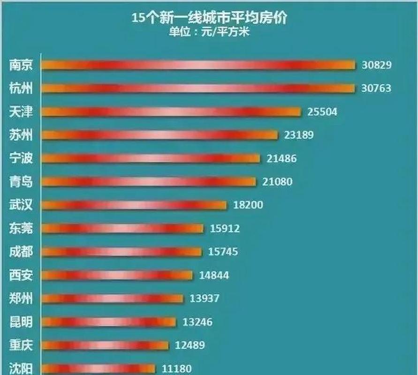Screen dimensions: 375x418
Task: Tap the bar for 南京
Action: tap(198, 65)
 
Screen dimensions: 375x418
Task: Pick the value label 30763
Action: tap(376, 88)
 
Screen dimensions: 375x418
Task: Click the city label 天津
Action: tap(21, 112)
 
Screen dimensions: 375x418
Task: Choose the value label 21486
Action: tap(281, 158)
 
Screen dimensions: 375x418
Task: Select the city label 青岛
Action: tap(21, 181)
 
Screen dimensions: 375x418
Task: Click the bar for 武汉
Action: tap(134, 205)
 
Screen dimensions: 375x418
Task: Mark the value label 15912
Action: tap(225, 228)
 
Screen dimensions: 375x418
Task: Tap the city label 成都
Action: tap(21, 252)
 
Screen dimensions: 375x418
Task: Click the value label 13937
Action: tap(205, 298)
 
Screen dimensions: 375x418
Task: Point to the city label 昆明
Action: tap(21, 322)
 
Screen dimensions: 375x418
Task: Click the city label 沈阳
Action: tap(21, 368)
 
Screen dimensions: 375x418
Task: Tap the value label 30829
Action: tap(376, 65)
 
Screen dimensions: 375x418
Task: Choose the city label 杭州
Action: tap(21, 88)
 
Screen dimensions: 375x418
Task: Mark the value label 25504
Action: tap(322, 112)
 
